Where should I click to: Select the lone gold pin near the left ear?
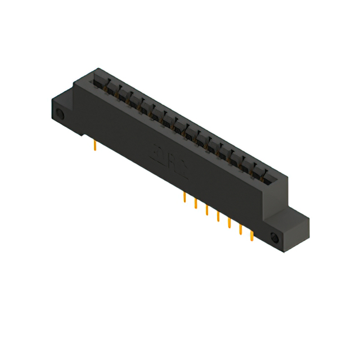point(95,146)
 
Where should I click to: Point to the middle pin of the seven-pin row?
point(218,216)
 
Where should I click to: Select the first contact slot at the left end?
point(98,79)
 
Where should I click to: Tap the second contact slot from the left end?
point(109,85)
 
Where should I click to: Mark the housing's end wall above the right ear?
point(281,194)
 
